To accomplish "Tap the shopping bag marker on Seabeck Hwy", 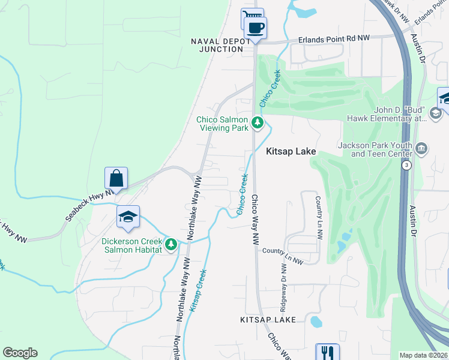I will point(116,178).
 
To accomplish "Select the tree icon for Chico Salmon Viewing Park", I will point(258,123).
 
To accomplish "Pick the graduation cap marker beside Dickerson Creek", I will point(128,217).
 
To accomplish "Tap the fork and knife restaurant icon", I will point(327,353).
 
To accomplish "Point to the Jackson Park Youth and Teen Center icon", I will point(421,148).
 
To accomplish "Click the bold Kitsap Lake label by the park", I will point(291,152).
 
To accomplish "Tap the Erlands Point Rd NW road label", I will point(335,38).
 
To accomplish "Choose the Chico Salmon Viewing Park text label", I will point(222,124).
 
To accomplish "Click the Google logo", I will point(20,352).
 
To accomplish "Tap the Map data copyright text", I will point(423,355).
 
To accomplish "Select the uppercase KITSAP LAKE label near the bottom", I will point(268,320).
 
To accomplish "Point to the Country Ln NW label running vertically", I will point(319,215).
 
